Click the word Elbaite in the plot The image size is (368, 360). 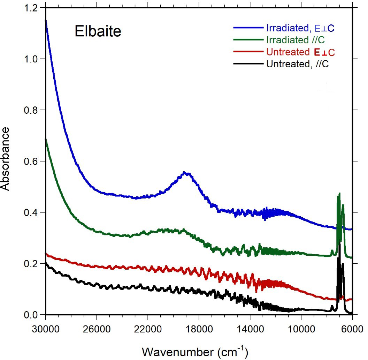98,32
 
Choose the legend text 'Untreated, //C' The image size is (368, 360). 297,64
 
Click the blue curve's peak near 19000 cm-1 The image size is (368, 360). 186,173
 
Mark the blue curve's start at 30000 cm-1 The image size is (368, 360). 46,20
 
